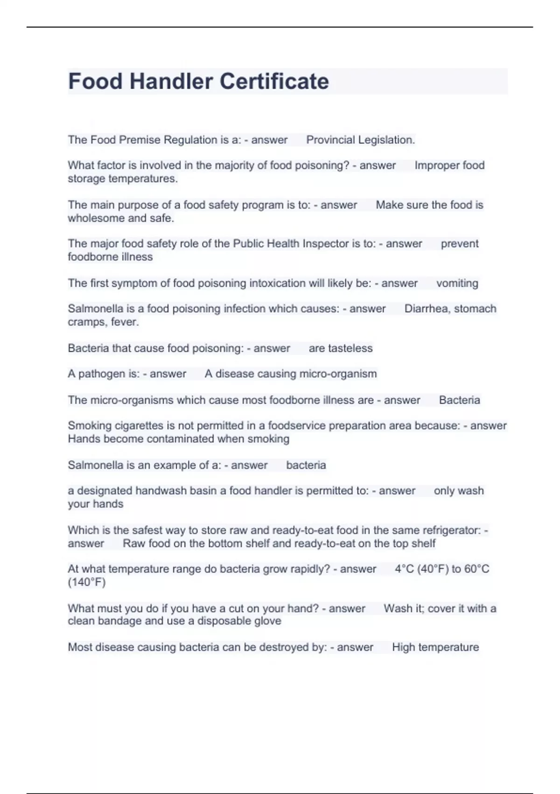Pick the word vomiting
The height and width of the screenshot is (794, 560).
[457, 284]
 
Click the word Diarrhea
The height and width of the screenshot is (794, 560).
[427, 309]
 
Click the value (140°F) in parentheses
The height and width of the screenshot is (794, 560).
[87, 582]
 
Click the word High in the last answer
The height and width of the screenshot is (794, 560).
[402, 647]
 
